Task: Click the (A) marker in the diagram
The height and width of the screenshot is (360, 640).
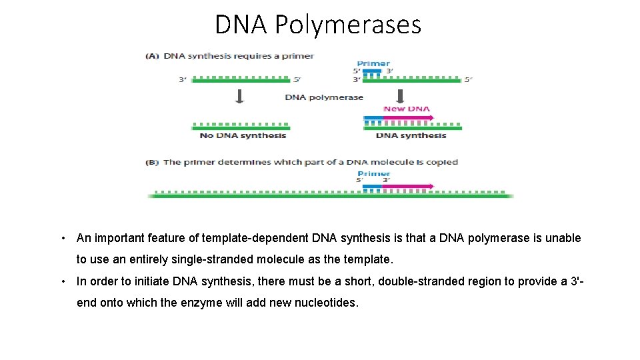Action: click(153, 56)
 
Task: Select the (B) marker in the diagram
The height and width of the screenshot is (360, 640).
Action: click(153, 162)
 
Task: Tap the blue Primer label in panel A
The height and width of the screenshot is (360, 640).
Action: click(373, 64)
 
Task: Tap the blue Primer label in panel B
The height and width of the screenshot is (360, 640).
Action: click(373, 174)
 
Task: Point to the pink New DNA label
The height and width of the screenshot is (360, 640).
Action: click(406, 109)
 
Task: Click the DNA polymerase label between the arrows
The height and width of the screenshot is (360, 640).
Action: click(324, 97)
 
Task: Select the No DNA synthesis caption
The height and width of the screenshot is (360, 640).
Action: click(243, 136)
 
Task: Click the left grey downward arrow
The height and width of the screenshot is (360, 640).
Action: click(240, 97)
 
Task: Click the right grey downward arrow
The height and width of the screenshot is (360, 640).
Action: click(401, 97)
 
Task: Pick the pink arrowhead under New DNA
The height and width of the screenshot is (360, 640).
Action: click(431, 118)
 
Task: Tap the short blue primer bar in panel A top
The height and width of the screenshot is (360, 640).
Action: click(372, 70)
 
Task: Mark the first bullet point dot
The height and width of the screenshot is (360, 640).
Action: click(61, 239)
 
